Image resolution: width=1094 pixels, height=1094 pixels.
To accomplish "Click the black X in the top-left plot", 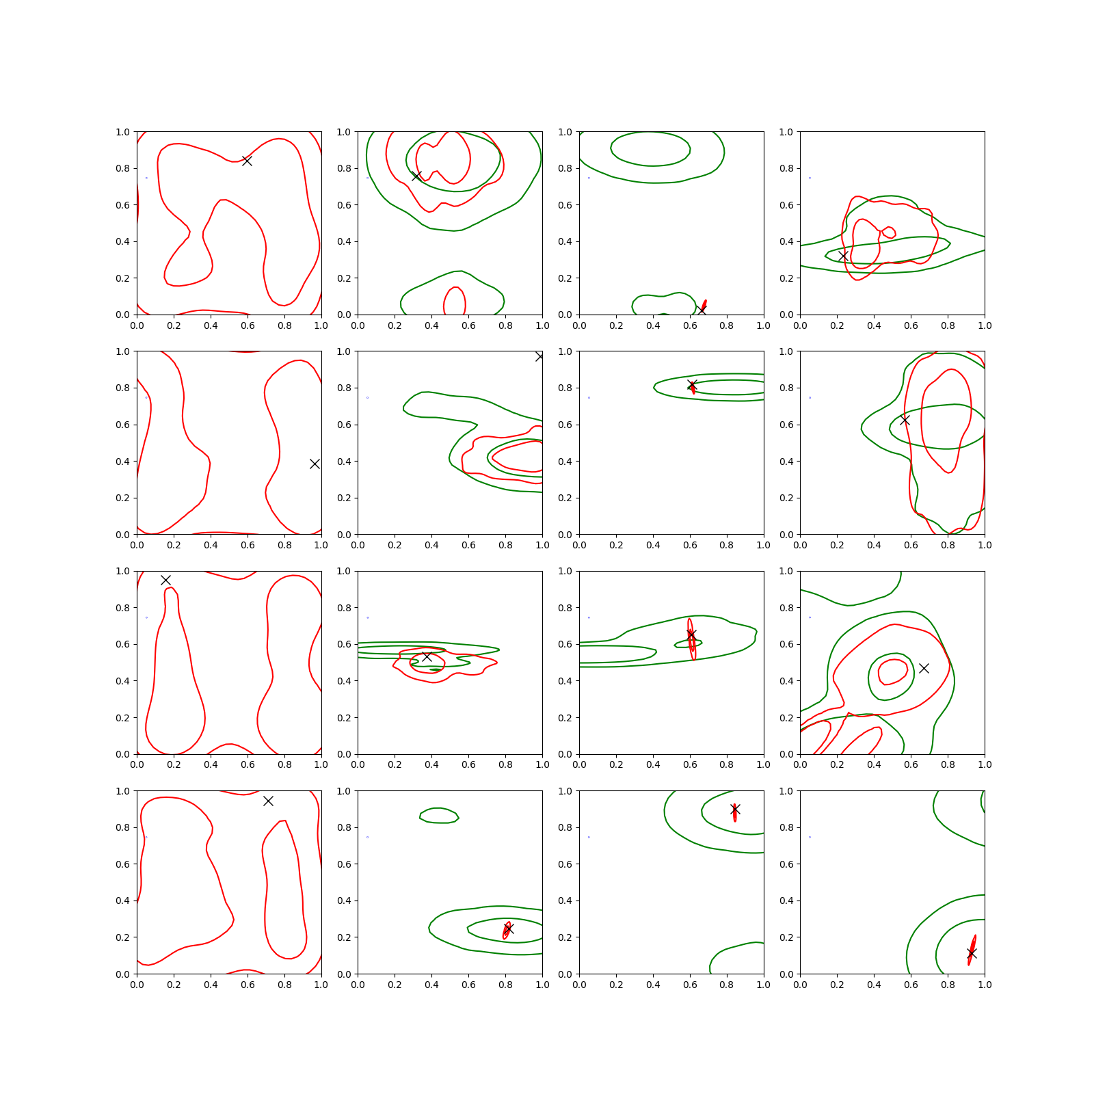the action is click(247, 161).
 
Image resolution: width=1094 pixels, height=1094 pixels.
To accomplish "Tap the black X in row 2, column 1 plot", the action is click(315, 464).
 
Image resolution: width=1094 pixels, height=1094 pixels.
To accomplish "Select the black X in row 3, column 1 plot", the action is click(165, 580).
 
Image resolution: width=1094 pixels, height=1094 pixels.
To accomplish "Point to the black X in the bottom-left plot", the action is click(268, 801).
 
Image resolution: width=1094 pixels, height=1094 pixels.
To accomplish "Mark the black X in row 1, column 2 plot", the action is click(416, 176).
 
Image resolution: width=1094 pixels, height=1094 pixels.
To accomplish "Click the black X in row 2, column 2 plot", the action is click(539, 356).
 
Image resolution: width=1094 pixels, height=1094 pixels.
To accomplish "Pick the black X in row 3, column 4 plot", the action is click(924, 668).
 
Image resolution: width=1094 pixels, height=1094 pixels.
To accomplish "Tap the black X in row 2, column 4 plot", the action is click(905, 420).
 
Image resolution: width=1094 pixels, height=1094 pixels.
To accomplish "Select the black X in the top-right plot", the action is click(843, 256).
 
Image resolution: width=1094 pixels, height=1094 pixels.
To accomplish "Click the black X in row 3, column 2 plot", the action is click(427, 656).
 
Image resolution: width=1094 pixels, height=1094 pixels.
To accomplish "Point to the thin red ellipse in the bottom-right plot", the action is click(972, 950).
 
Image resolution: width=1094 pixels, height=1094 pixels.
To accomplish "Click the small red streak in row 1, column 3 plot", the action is click(704, 305).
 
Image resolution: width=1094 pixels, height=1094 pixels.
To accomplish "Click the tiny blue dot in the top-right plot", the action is click(810, 178).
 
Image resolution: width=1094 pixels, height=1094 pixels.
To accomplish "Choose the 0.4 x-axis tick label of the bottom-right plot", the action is click(874, 985).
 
